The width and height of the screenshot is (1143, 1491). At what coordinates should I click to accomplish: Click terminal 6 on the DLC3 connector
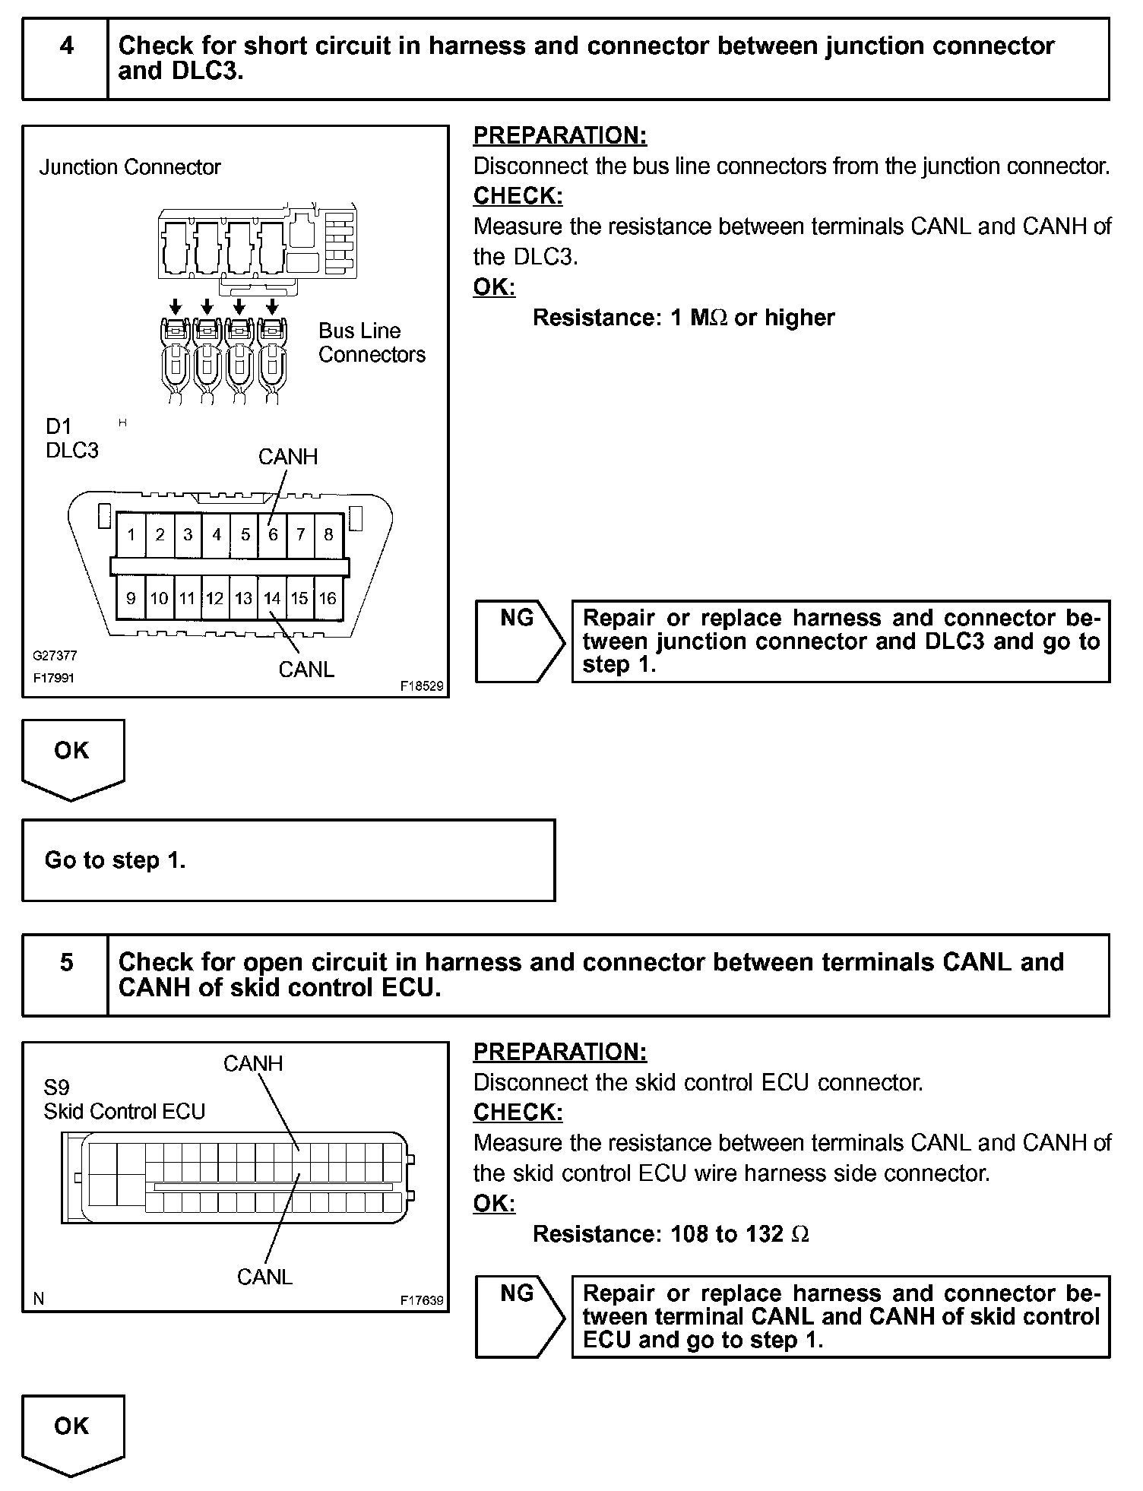click(x=273, y=534)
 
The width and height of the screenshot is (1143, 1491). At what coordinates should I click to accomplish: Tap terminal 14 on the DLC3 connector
click(x=272, y=598)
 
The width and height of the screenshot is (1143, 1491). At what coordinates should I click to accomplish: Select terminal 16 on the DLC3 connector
click(x=328, y=598)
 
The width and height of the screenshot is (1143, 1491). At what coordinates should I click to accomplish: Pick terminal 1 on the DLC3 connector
click(x=131, y=534)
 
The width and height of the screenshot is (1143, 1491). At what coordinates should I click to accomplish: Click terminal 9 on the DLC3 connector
click(x=131, y=598)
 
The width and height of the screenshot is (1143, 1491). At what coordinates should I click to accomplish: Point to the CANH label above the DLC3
click(x=287, y=457)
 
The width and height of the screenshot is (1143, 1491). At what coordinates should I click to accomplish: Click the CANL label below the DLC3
click(x=306, y=670)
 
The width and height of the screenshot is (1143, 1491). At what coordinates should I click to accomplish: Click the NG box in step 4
click(x=518, y=640)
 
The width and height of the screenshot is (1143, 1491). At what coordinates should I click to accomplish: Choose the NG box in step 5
click(x=518, y=1316)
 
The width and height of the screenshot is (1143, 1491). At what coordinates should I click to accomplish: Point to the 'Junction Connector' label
click(x=130, y=167)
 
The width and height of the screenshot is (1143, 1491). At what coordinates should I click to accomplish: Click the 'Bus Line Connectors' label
click(x=371, y=343)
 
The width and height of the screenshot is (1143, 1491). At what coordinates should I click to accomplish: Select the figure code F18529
click(x=422, y=686)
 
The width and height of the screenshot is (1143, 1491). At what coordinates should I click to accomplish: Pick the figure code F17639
click(x=422, y=1300)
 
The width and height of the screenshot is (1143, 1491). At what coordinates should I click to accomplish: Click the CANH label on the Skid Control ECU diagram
click(x=253, y=1063)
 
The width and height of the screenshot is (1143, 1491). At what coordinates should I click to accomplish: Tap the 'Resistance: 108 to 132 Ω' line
click(x=670, y=1233)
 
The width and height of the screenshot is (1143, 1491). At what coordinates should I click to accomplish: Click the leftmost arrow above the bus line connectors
click(x=176, y=307)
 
